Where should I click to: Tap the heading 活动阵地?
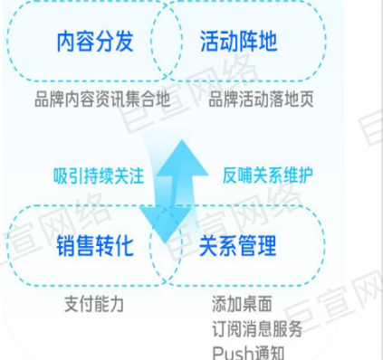tap(237, 42)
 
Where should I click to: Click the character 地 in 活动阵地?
tap(268, 42)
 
